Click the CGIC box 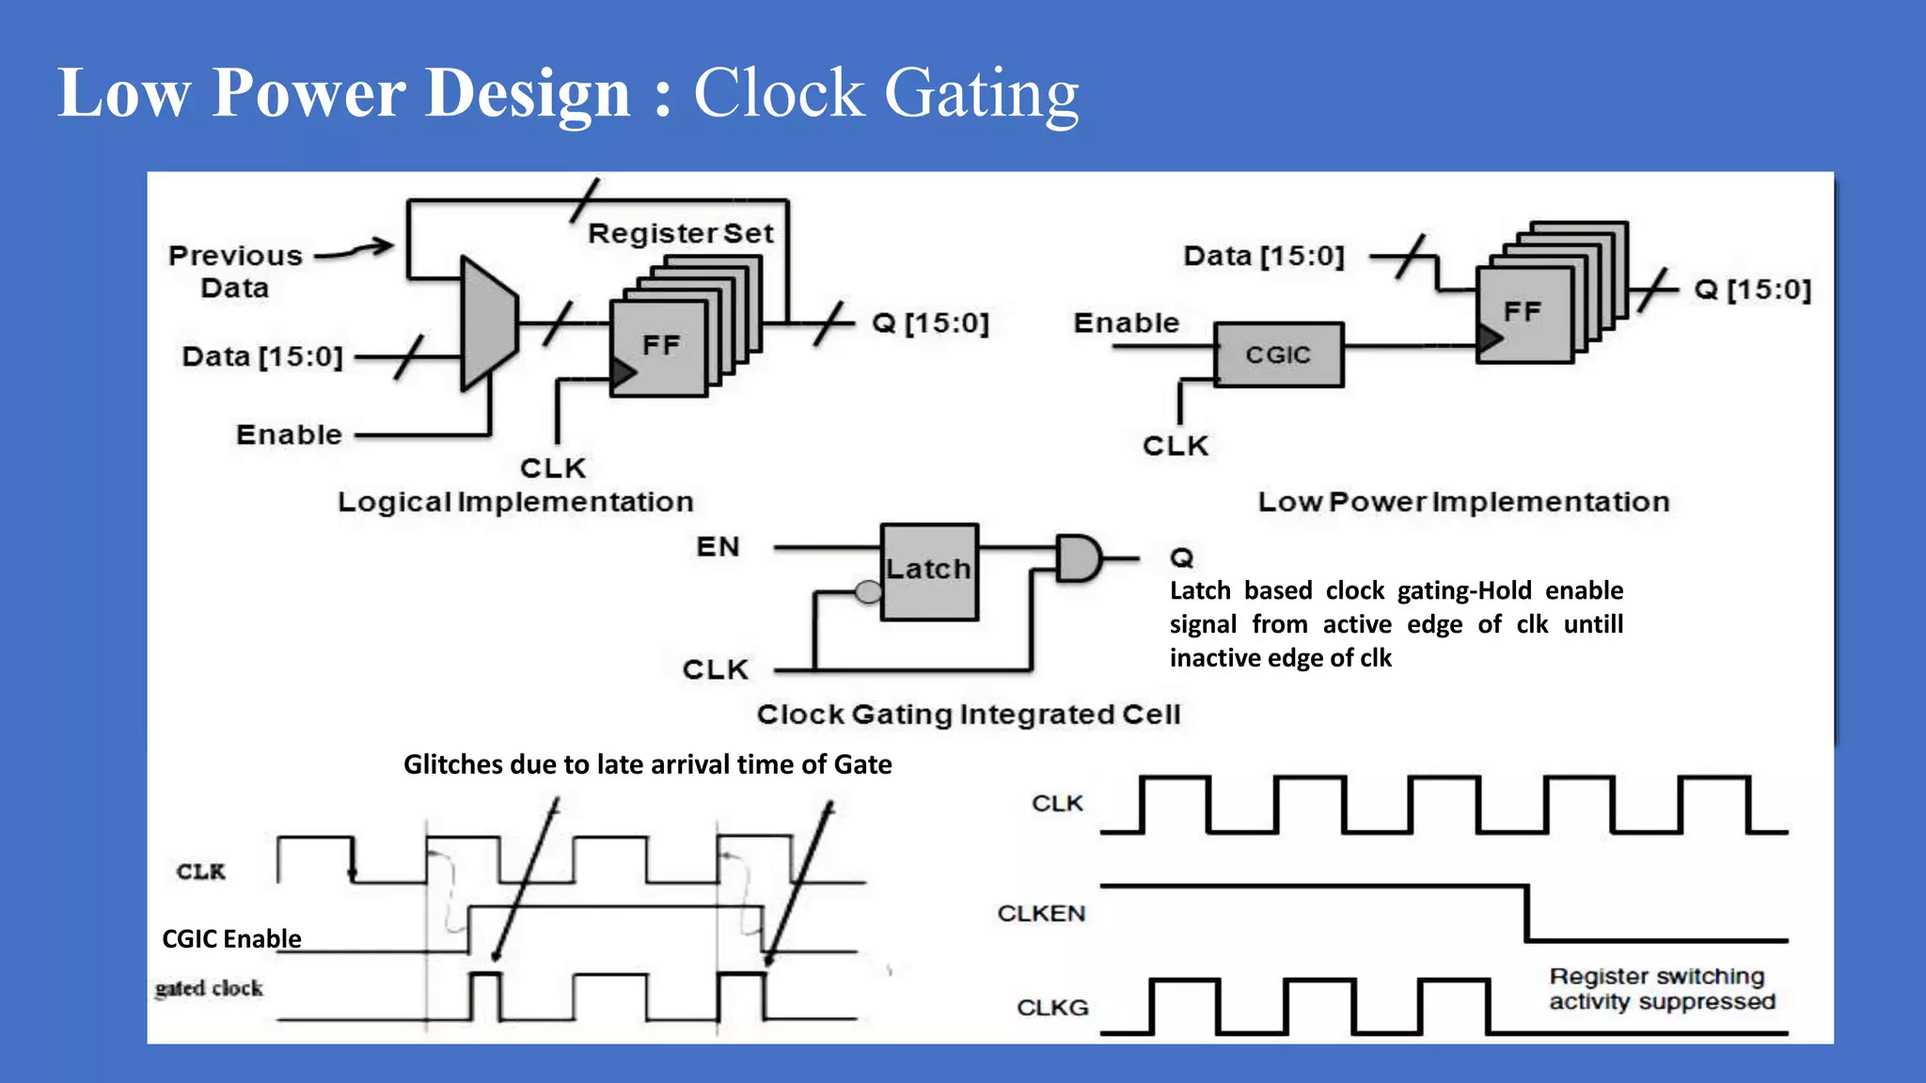tap(1278, 354)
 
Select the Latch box tap(929, 572)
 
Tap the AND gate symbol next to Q tap(1077, 558)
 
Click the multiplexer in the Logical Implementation tap(487, 323)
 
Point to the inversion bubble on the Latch tap(868, 591)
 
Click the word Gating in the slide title tap(981, 94)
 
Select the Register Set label tap(680, 233)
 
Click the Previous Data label tap(235, 271)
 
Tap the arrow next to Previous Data tap(355, 249)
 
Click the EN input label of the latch tap(718, 546)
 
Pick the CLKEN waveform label tap(1041, 913)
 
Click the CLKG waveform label tap(1052, 1008)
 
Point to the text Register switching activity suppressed tap(1662, 989)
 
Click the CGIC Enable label tap(231, 938)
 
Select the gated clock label tap(209, 988)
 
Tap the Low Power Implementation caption tap(1463, 502)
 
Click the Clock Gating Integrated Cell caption tap(968, 714)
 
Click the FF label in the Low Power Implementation tap(1522, 311)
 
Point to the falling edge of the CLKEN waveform tap(1526, 913)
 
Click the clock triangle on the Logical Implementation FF tap(622, 373)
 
